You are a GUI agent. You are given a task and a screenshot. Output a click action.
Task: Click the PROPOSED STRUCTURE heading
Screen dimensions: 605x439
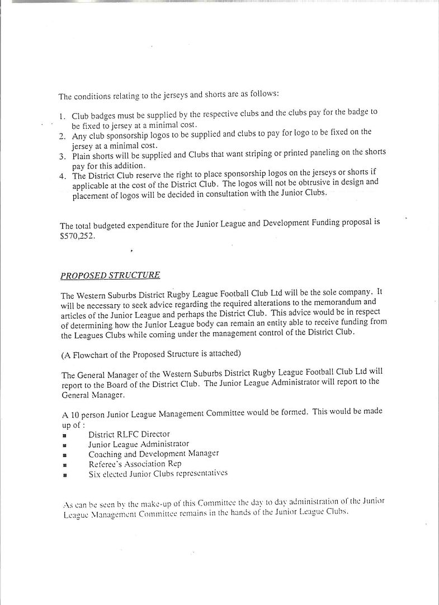coord(110,275)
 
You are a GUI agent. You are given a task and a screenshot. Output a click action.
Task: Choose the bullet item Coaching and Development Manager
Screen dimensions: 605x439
coord(153,453)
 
